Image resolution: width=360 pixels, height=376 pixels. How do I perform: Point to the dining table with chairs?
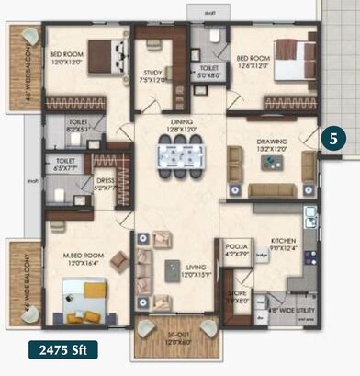coord(174,161)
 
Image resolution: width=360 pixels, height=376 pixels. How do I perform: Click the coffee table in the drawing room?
coord(272,162)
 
